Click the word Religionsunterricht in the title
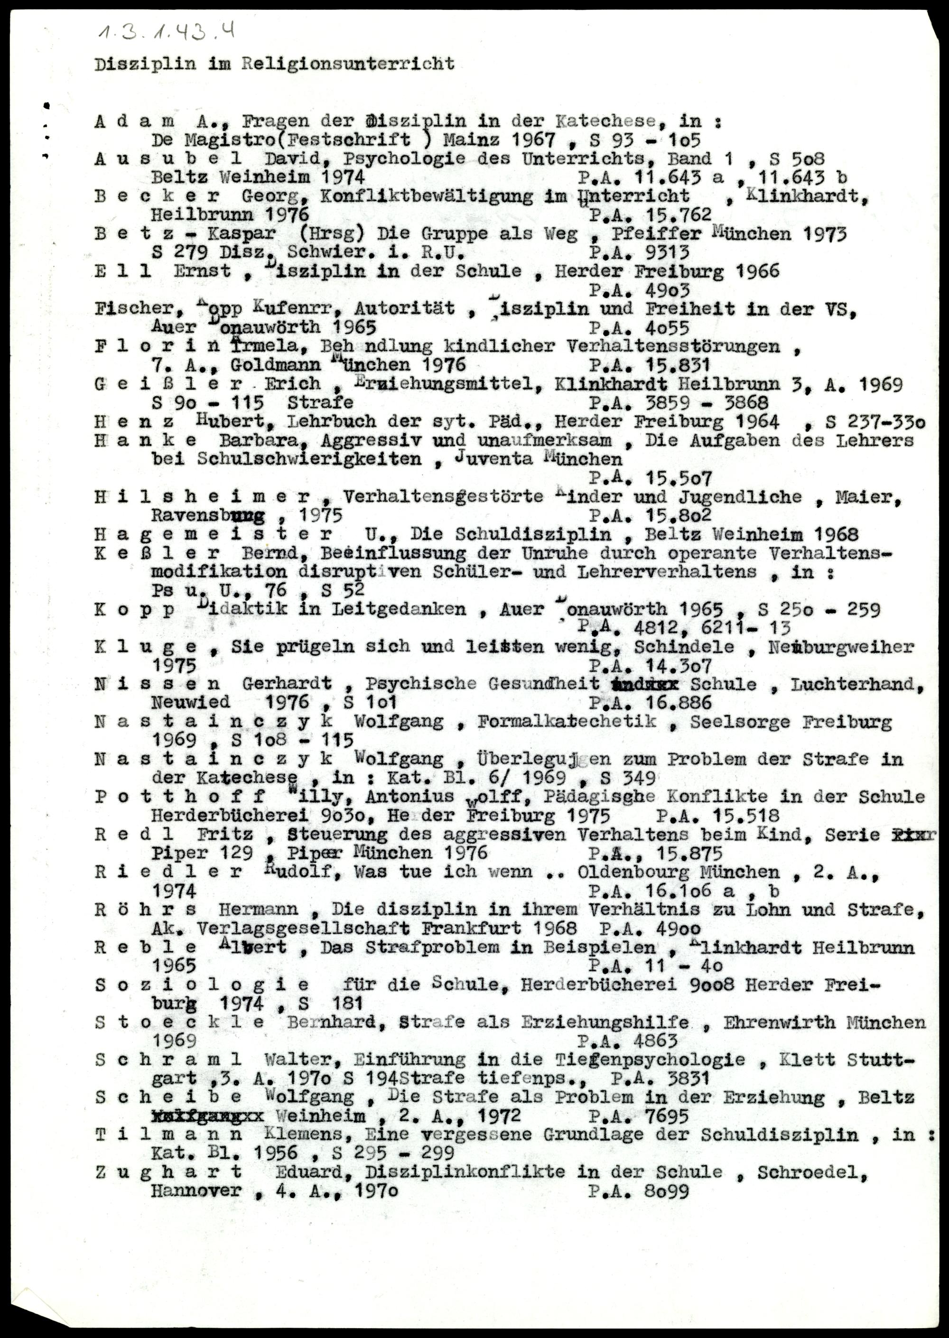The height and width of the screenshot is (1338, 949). click(348, 64)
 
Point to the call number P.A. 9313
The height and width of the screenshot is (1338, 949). click(639, 252)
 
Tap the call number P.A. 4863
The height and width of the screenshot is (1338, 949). click(628, 1041)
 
